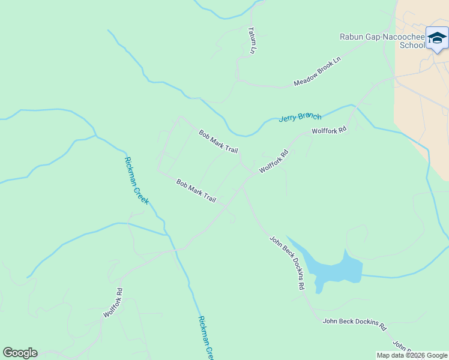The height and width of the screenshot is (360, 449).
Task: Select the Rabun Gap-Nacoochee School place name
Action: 382,41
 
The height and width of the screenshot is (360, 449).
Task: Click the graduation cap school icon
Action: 437,37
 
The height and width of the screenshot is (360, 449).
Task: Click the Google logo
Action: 20,353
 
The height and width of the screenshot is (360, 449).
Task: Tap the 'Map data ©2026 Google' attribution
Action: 412,355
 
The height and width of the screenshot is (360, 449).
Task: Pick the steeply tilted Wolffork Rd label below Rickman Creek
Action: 113,303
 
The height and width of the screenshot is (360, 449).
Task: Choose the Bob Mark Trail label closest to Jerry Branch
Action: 218,141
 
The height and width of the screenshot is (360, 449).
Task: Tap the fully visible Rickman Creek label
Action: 136,180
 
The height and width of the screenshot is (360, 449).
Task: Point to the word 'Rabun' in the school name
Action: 353,37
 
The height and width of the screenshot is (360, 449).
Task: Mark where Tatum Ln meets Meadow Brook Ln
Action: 238,79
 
